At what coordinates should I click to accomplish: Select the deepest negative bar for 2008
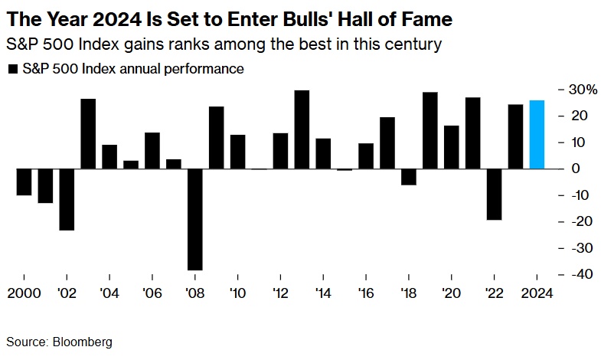point(195,219)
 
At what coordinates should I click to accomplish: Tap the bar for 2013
point(302,129)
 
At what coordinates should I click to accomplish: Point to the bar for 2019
point(430,130)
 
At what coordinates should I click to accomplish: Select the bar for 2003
point(88,133)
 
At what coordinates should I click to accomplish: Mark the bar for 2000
point(24,182)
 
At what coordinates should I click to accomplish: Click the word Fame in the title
point(425,17)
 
